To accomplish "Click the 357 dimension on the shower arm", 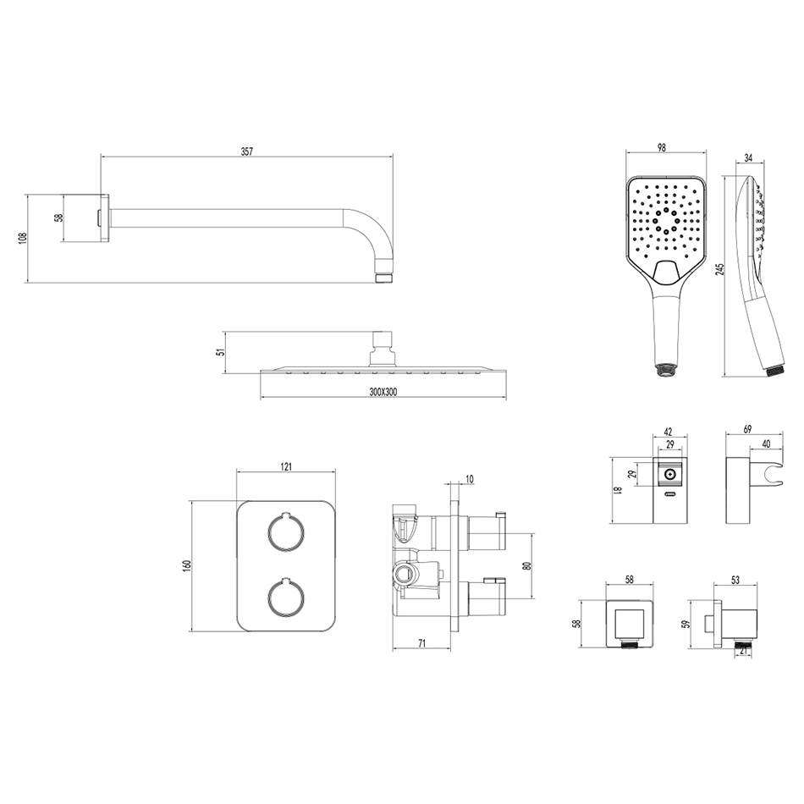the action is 247,151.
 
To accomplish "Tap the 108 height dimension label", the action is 21,239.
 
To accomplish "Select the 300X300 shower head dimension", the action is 383,392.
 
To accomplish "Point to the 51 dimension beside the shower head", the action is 221,352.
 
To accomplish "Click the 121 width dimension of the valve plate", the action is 286,466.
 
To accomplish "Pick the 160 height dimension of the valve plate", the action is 187,565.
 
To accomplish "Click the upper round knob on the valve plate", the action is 286,532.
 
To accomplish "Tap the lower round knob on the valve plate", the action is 286,597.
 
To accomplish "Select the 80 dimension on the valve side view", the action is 526,565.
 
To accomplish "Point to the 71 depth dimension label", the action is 421,643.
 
